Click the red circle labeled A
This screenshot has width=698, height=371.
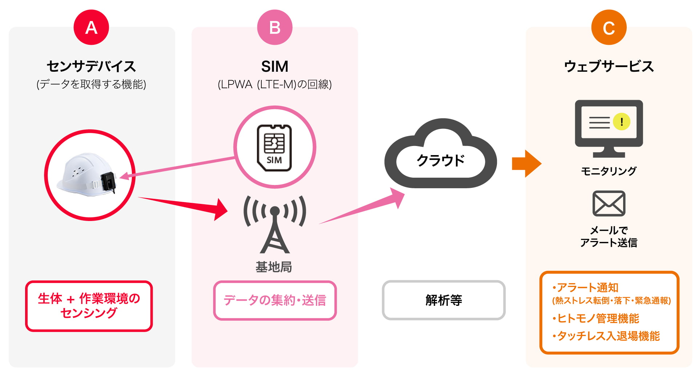[x=91, y=27]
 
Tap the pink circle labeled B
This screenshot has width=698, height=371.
[x=274, y=27]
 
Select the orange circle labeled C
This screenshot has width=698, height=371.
[x=609, y=27]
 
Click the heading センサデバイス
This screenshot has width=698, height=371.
[x=91, y=67]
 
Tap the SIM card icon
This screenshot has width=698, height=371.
[x=274, y=147]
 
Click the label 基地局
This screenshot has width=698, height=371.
[x=274, y=267]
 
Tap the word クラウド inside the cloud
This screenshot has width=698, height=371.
[x=441, y=161]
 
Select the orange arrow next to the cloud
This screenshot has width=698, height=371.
[x=526, y=163]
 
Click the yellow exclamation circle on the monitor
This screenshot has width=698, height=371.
[x=622, y=122]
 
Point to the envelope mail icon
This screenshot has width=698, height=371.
[x=609, y=204]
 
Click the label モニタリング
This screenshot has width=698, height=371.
[x=609, y=171]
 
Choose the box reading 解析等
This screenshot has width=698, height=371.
[x=444, y=300]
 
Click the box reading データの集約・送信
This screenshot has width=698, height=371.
[x=275, y=300]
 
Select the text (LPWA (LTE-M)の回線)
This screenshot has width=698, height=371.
[x=274, y=84]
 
